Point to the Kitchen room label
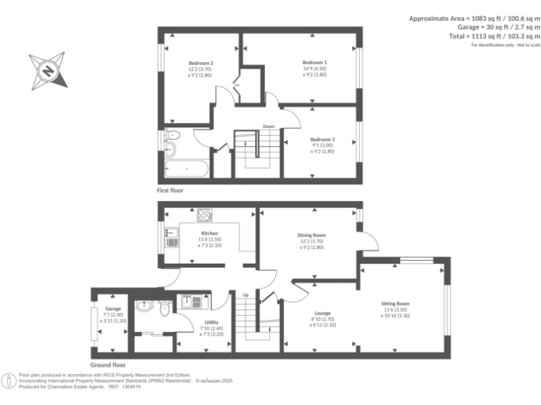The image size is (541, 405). (x=209, y=233)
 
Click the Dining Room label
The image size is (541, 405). (x=311, y=236)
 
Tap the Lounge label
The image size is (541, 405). (x=323, y=314)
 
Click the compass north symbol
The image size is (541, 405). (x=48, y=70)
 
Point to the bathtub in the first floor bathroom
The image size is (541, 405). (x=185, y=169)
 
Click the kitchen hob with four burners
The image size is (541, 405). (x=204, y=215)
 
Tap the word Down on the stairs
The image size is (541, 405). (x=268, y=127)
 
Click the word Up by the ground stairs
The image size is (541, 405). (x=245, y=294)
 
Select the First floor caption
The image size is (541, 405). (x=173, y=191)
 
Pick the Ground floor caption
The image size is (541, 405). (x=108, y=365)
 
